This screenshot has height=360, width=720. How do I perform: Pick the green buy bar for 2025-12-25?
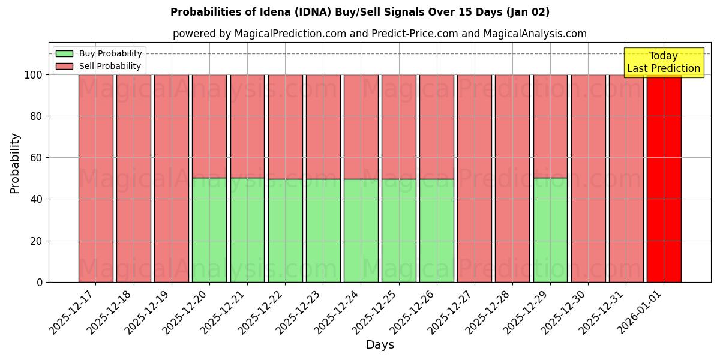pos(398,230)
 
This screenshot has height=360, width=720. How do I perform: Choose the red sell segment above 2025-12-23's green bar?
pos(323,127)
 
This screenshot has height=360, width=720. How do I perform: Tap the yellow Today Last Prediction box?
pos(664,62)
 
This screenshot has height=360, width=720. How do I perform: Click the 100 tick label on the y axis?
pos(33,75)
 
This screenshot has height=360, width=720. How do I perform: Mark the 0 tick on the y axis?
pos(39,282)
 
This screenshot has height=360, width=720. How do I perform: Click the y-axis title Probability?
pos(16,163)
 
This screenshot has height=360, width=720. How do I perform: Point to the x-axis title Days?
pos(380,345)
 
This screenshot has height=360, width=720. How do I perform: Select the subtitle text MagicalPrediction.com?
pos(290,34)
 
